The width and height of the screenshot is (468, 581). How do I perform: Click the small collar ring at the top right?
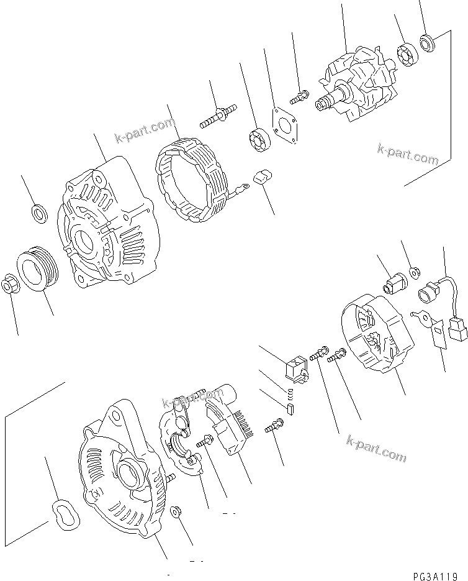coord(427,43)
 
